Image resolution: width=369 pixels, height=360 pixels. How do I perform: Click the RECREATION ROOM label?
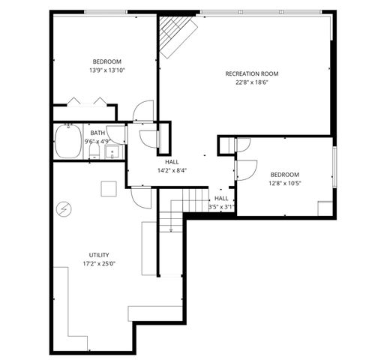click(252, 73)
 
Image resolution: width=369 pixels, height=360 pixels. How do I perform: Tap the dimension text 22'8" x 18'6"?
click(252, 82)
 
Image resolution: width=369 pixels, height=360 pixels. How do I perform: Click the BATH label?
click(97, 133)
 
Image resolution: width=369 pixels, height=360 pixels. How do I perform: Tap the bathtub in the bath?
click(68, 142)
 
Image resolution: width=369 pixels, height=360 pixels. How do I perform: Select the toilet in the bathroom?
click(94, 151)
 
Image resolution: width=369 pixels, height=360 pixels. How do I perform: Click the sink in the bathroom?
click(112, 153)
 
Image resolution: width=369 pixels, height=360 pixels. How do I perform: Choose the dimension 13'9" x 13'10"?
click(107, 70)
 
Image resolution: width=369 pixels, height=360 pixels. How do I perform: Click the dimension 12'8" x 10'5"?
click(284, 183)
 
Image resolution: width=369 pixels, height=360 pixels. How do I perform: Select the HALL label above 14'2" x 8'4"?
click(172, 162)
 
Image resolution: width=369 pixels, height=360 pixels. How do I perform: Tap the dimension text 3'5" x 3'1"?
click(221, 207)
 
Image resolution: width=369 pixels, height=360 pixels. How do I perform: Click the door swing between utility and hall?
click(140, 197)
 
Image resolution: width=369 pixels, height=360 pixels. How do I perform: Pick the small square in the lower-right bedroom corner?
click(325, 208)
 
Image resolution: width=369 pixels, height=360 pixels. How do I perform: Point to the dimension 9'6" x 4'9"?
click(97, 141)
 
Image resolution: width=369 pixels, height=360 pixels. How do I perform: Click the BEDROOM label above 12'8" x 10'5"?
click(284, 174)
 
